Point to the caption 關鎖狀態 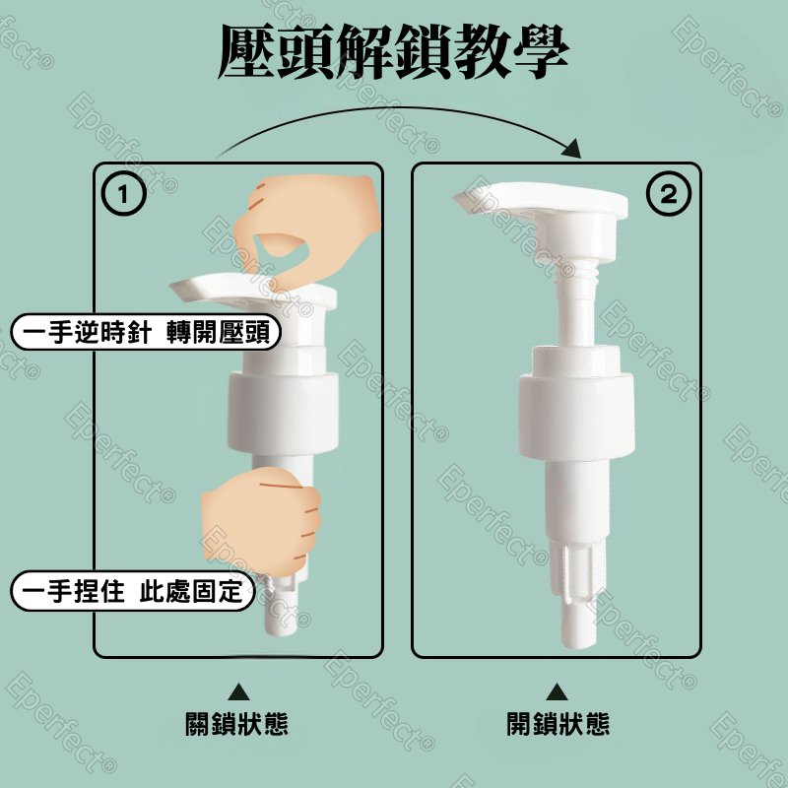237,725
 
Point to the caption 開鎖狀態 558,725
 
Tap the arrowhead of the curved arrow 572,149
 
